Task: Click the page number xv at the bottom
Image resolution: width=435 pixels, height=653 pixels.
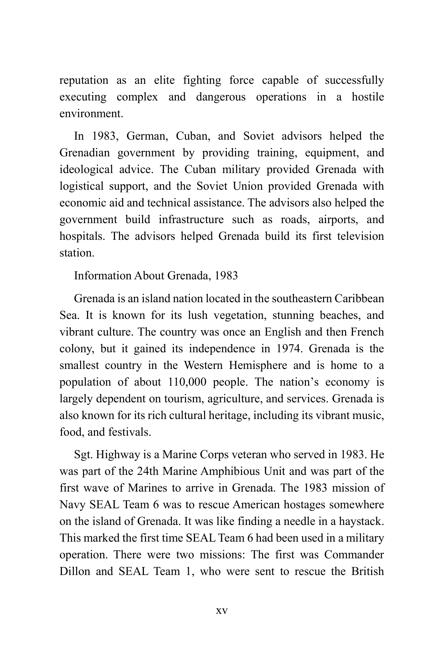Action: [221, 611]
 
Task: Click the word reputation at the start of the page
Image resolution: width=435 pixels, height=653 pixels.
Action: [84, 81]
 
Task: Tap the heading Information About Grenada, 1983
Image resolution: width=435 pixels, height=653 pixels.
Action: [156, 276]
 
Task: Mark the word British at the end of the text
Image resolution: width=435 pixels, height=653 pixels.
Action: [367, 572]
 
